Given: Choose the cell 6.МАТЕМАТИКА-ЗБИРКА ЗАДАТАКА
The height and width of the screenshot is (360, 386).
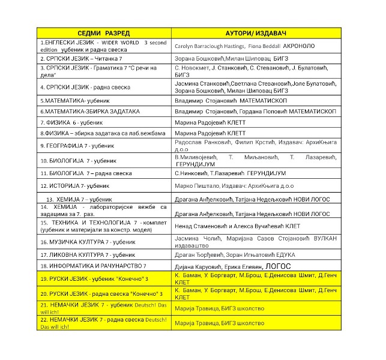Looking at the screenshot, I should tap(89, 111).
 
